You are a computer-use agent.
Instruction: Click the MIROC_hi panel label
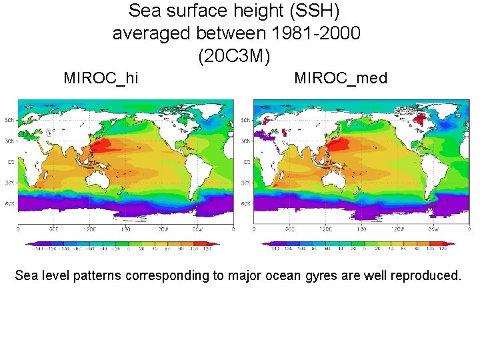click(101, 78)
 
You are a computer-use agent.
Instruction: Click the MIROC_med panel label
click(340, 78)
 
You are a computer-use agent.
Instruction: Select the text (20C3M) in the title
click(234, 56)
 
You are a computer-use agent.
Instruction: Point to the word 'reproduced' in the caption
click(421, 275)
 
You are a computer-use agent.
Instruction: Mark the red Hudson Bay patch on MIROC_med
click(419, 120)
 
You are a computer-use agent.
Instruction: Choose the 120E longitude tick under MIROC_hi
click(89, 229)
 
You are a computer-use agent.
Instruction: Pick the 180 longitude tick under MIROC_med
click(361, 229)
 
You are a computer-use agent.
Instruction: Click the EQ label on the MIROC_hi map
click(9, 161)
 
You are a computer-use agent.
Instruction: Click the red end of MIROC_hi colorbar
click(215, 243)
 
